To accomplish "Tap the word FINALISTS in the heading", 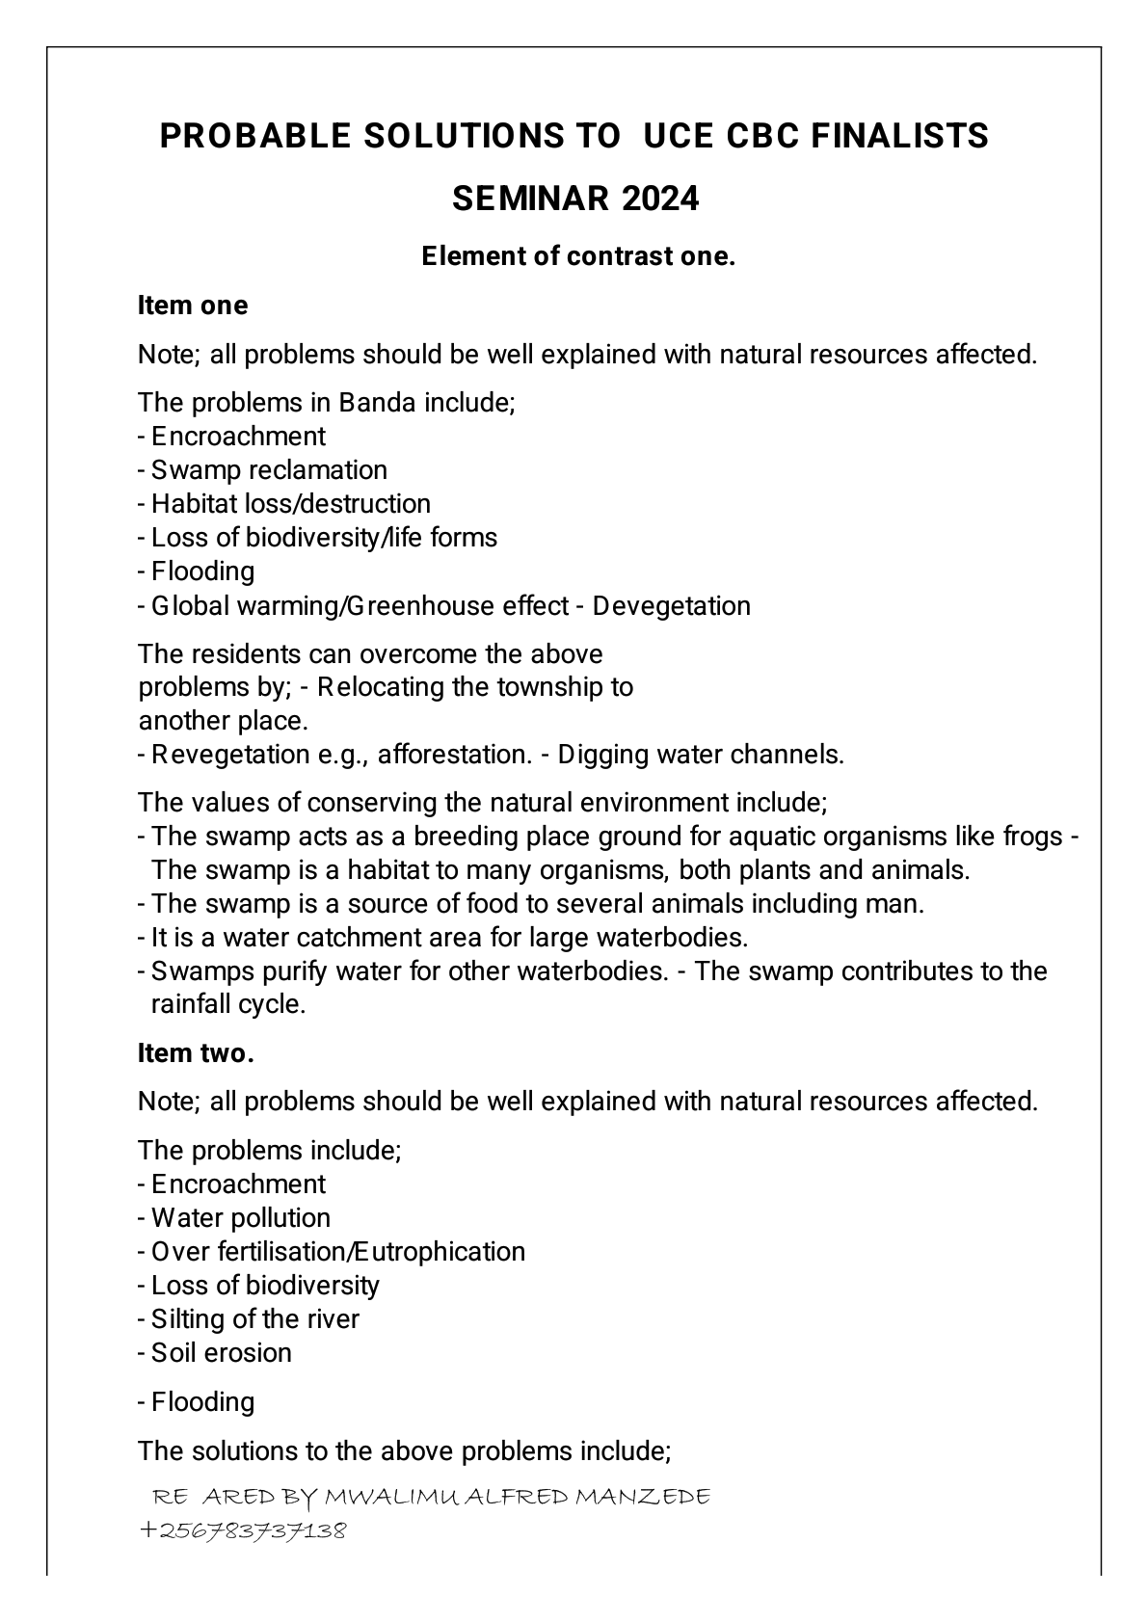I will click(x=899, y=137).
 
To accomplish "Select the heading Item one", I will click(x=193, y=306).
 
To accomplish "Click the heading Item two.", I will click(x=196, y=1053).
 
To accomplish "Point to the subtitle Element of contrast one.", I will click(x=578, y=256).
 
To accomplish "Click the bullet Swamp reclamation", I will click(x=269, y=470).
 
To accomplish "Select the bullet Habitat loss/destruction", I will click(x=290, y=504).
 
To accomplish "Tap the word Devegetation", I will click(x=672, y=606).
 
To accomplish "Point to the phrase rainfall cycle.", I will click(x=228, y=1004).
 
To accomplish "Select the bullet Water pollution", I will click(x=240, y=1218).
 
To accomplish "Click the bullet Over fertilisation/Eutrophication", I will click(x=337, y=1252).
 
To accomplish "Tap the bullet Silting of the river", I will click(x=254, y=1319).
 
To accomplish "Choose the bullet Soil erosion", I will click(x=221, y=1353).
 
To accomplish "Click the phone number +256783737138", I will click(x=243, y=1530).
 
